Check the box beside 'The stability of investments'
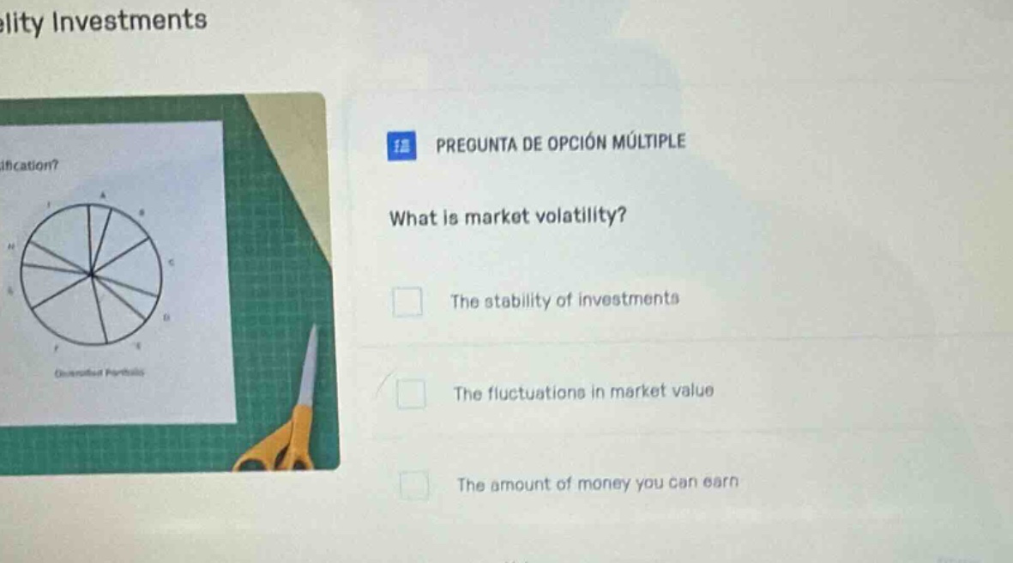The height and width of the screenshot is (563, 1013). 407,303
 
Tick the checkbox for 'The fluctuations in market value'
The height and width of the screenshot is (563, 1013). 411,395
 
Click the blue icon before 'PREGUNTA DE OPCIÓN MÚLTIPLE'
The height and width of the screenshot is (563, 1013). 399,147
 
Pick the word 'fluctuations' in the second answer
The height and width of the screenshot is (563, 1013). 532,393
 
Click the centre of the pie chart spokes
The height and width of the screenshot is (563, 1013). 91,274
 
